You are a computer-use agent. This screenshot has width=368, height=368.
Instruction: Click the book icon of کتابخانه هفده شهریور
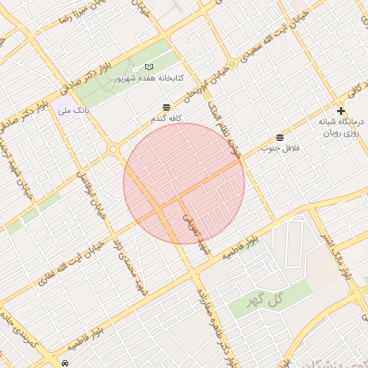pos(149,66)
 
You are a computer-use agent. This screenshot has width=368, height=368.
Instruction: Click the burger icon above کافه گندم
pos(167,106)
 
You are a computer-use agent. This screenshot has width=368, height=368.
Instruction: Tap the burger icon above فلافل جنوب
pos(279,137)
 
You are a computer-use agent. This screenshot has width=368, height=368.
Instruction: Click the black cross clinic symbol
pos(341,111)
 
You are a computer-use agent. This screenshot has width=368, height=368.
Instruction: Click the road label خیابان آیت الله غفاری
pos(65,277)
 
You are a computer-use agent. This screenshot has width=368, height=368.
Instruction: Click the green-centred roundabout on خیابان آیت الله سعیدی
pos(231,63)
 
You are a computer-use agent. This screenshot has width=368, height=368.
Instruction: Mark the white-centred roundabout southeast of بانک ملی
pos(113,149)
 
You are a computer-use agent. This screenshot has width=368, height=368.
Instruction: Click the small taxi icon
pos(65,363)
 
